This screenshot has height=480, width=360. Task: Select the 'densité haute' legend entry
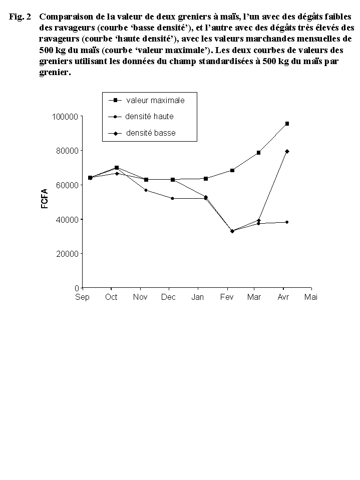point(150,117)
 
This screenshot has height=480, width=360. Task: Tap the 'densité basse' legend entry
point(151,133)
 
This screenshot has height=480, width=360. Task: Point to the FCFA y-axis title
point(45,198)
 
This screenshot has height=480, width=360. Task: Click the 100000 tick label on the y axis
point(66,117)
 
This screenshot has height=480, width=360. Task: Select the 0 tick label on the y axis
point(77,288)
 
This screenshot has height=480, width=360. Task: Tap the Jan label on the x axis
point(198,297)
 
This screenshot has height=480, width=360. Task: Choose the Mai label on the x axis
point(311,297)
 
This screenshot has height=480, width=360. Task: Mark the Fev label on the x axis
point(227,297)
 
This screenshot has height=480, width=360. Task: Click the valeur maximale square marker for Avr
point(287,123)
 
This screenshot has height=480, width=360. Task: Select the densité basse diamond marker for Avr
point(287,151)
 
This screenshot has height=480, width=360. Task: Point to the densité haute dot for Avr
point(287,222)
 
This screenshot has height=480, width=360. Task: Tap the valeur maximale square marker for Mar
point(258,153)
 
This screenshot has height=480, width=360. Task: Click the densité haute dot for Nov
point(146,190)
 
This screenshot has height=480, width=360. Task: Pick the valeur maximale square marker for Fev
point(232,170)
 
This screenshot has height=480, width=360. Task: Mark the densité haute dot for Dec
point(172,198)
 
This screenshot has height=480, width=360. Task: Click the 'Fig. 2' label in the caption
point(20,17)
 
